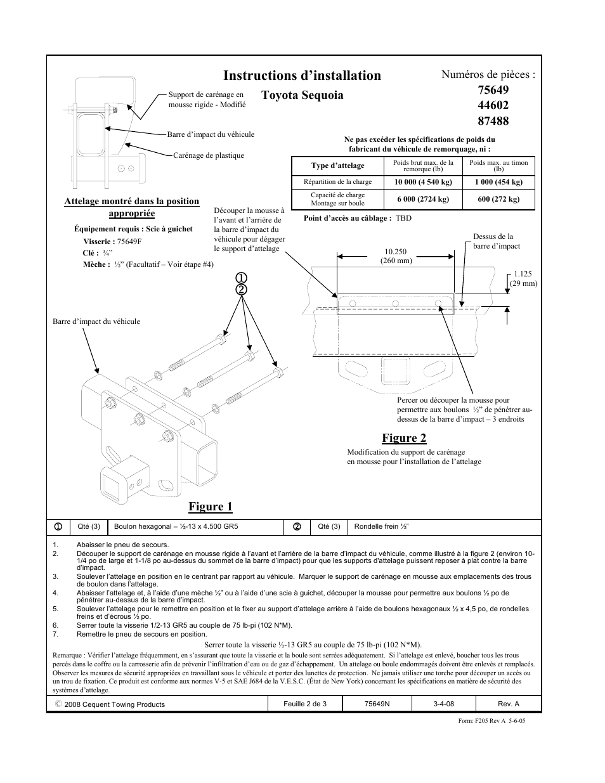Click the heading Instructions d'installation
pos(302,75)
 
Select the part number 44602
pos(493,105)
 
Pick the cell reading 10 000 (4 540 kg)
pos(423,182)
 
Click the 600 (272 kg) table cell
pos(498,199)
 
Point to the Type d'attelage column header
pos(337,166)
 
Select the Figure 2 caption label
pos(404,438)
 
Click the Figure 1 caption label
pos(211,507)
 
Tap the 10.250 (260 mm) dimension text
pos(396,256)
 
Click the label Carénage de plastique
pos(209,155)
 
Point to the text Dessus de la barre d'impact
pos(496,241)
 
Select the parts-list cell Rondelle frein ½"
pos(382,527)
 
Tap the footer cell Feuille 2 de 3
pos(305,704)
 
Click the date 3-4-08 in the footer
pos(444,704)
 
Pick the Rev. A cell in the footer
pos(509,704)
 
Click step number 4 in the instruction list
pos(55,593)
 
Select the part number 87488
pos(493,120)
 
